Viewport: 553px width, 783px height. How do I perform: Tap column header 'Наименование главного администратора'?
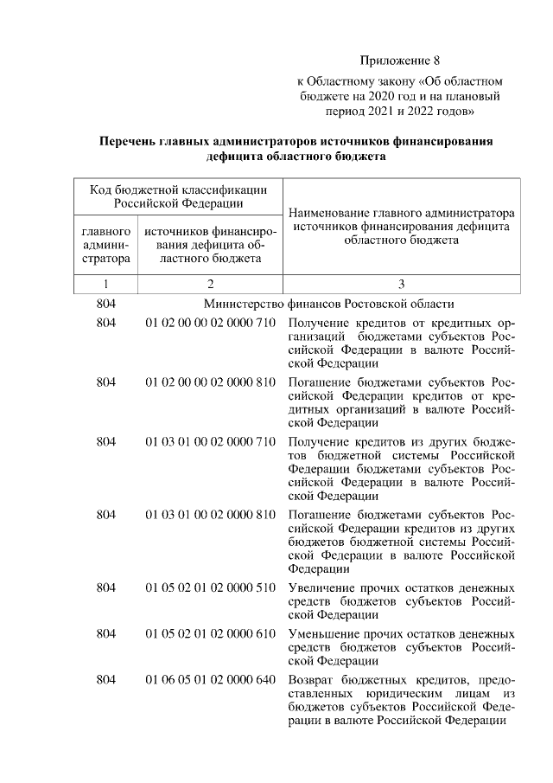[401, 212]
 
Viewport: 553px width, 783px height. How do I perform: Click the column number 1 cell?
[105, 283]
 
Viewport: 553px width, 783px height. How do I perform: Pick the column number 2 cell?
[209, 283]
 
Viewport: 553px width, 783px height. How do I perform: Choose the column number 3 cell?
[401, 283]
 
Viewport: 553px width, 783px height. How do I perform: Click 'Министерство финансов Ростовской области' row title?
[328, 304]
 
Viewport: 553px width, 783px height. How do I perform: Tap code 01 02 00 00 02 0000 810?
[209, 382]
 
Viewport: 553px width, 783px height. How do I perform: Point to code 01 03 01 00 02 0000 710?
[209, 441]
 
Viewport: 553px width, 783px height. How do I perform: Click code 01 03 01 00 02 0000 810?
[209, 515]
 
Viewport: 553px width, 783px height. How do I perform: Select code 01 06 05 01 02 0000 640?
[209, 679]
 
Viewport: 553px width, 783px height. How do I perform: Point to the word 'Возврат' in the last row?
[312, 679]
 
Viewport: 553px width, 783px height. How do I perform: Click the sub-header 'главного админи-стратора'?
[105, 244]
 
